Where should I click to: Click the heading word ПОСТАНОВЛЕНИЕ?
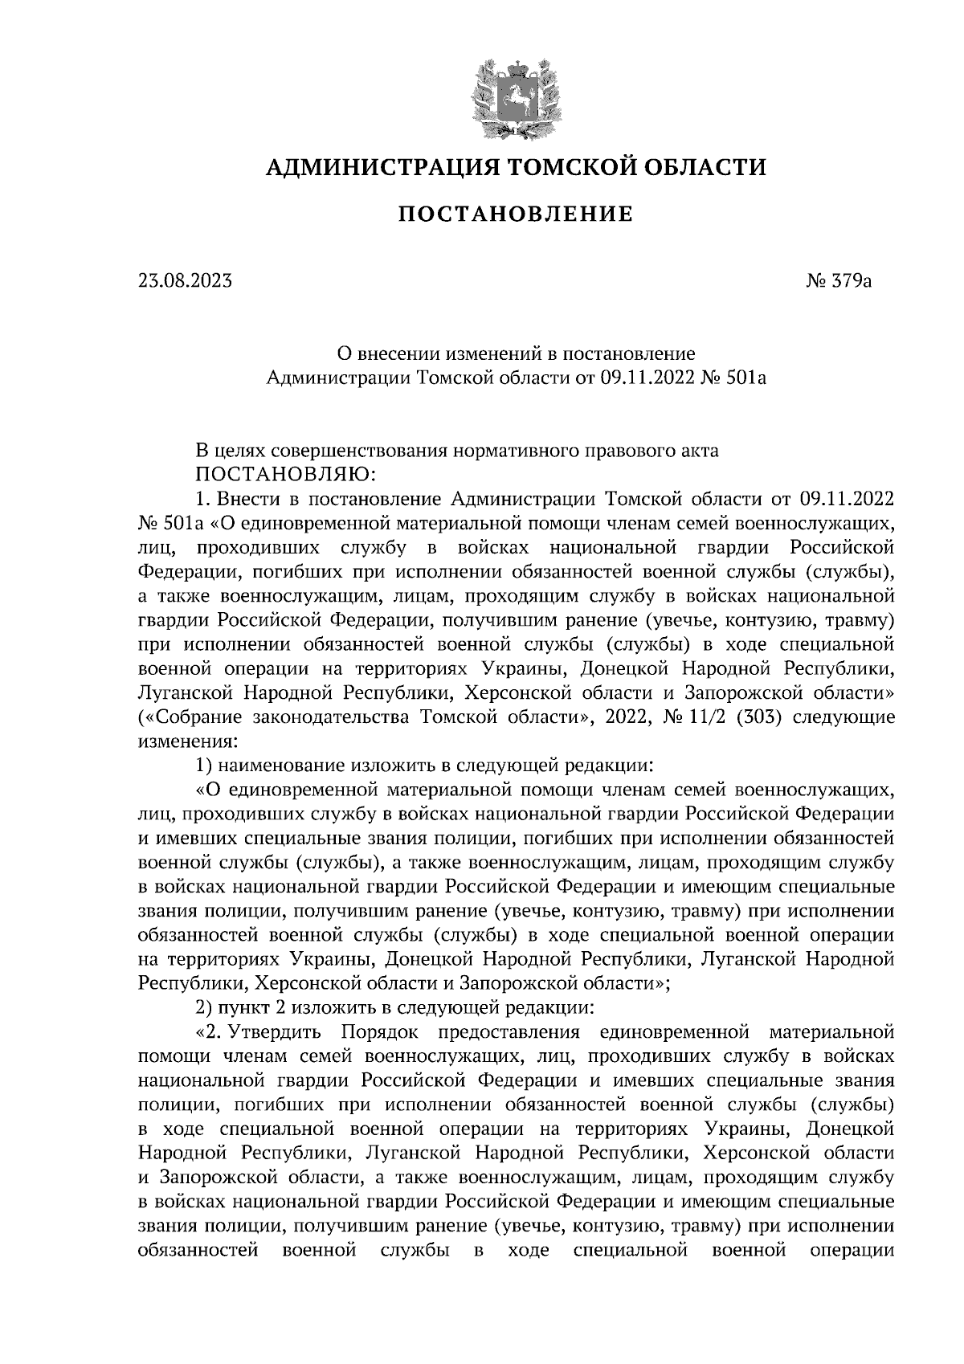click(516, 214)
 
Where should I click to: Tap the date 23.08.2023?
click(184, 280)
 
